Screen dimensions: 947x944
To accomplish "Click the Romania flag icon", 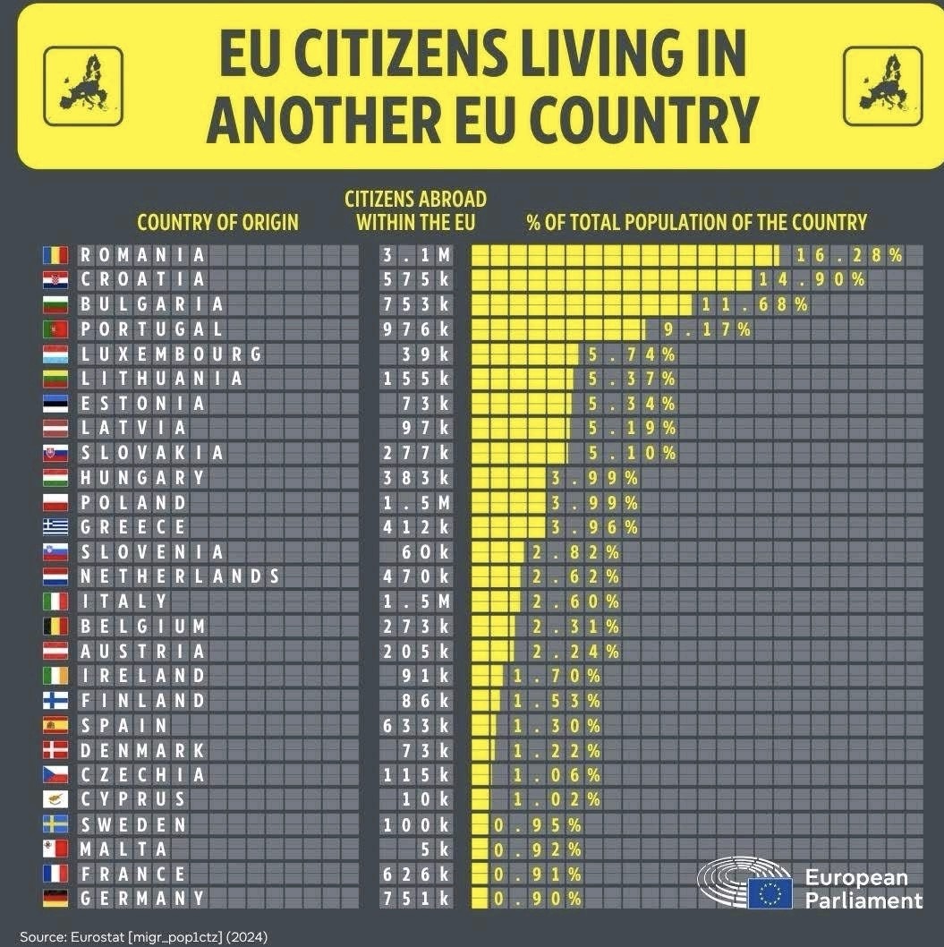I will [x=55, y=255].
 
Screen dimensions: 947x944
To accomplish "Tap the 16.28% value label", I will [x=846, y=255].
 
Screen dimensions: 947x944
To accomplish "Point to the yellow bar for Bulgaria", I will [x=582, y=304].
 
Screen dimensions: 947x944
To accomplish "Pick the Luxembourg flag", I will [x=55, y=354].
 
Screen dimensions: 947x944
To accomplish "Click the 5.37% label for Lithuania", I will [x=631, y=379].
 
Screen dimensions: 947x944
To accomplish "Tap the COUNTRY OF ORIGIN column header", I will [x=217, y=222].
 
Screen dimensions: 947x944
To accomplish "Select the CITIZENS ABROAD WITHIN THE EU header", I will [x=416, y=209].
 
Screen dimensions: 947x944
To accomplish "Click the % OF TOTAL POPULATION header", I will [x=696, y=222].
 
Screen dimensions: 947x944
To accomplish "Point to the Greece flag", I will [x=55, y=527].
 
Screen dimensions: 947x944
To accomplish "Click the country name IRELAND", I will [x=141, y=675].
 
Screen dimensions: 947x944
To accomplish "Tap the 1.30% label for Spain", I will [x=556, y=725].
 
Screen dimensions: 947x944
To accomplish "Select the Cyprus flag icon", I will [x=55, y=799].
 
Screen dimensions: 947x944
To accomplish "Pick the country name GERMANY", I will [x=141, y=898].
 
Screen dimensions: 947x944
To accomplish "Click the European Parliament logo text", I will [x=863, y=889].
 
